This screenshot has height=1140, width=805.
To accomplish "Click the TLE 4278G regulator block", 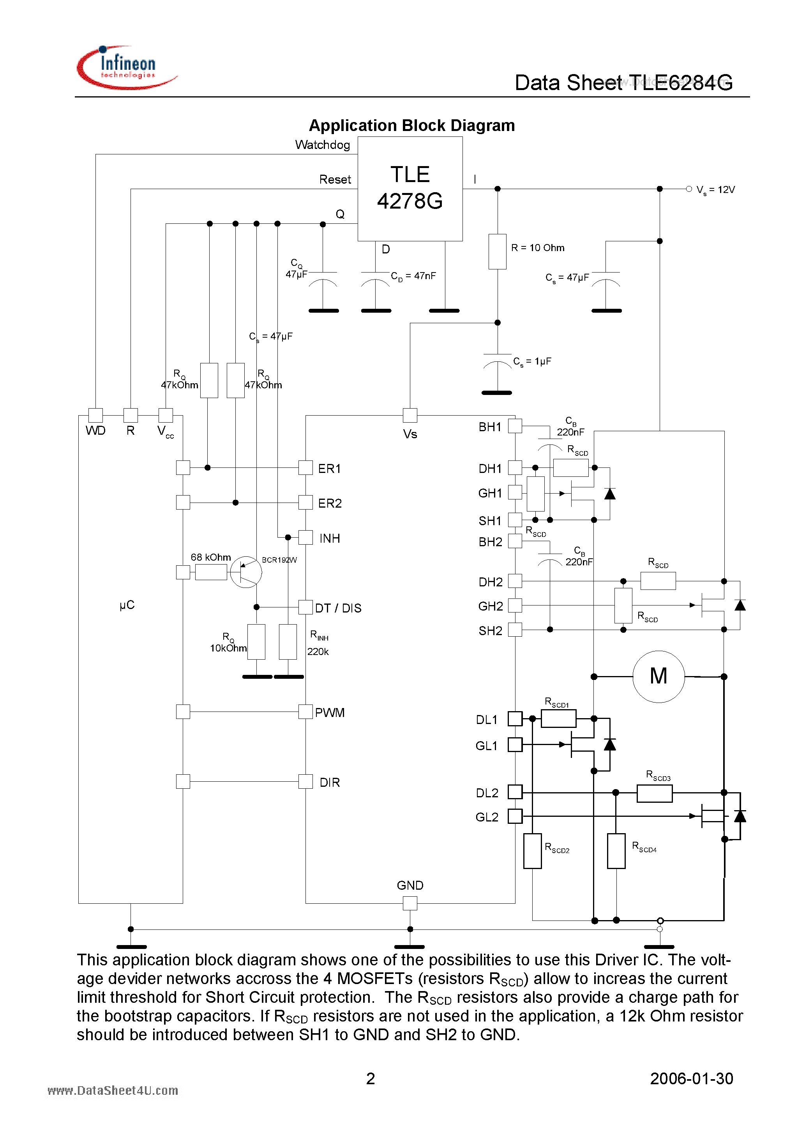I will click(410, 189).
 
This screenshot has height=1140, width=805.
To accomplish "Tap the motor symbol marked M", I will click(658, 676).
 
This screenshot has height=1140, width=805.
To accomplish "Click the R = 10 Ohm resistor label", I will click(537, 248).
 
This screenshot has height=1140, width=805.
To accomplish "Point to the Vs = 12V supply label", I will click(715, 189).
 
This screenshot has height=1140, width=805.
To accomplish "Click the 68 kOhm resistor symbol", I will click(211, 572).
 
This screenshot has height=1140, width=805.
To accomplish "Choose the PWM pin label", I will click(330, 713).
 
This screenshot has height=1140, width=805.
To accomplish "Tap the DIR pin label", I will click(330, 782).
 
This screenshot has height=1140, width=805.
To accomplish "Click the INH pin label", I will click(330, 538).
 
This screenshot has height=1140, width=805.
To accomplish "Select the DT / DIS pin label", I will click(338, 608).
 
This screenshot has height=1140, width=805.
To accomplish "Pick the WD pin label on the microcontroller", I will click(95, 430).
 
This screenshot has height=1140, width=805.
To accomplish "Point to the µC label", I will click(127, 605).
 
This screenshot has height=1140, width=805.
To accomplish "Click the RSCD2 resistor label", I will click(557, 848).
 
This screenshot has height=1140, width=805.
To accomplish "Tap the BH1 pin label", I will click(490, 427).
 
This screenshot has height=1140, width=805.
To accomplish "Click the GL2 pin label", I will click(486, 817).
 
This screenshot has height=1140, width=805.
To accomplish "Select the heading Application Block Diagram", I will click(411, 126).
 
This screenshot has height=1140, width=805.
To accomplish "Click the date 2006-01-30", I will click(691, 1078).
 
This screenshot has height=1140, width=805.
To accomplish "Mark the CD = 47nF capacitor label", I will click(413, 276).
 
